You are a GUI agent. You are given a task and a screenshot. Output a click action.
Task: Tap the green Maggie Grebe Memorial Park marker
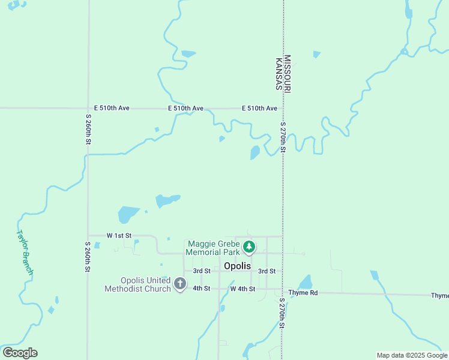[x=249, y=247]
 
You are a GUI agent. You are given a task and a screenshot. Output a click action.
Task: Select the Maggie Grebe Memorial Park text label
[x=213, y=248]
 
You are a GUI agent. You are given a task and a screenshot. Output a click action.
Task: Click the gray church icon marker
[x=179, y=284]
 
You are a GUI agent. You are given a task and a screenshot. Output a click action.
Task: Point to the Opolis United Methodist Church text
[x=137, y=284]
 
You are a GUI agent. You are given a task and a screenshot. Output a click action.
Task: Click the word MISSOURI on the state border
[x=288, y=74]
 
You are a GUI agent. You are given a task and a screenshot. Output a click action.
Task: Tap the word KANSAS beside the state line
[x=279, y=74]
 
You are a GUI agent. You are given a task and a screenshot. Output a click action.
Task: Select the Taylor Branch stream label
[x=25, y=253]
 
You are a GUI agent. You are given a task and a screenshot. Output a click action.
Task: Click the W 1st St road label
[x=119, y=236]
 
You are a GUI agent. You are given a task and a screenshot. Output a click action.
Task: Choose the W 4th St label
[x=243, y=289]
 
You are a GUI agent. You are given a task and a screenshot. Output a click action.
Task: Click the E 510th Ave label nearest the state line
[x=259, y=109]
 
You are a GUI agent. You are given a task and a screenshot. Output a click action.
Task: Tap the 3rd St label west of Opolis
[x=202, y=271]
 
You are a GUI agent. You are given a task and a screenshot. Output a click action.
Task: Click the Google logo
[x=20, y=353]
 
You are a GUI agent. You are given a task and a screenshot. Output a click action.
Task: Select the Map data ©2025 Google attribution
[x=412, y=355]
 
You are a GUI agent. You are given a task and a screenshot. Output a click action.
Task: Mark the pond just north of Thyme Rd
[x=306, y=282]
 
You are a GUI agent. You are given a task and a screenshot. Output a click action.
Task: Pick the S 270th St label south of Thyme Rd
[x=282, y=314]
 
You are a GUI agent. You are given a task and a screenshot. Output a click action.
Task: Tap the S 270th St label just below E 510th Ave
[x=283, y=137]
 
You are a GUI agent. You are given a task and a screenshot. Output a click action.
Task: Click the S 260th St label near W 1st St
[x=88, y=257]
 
